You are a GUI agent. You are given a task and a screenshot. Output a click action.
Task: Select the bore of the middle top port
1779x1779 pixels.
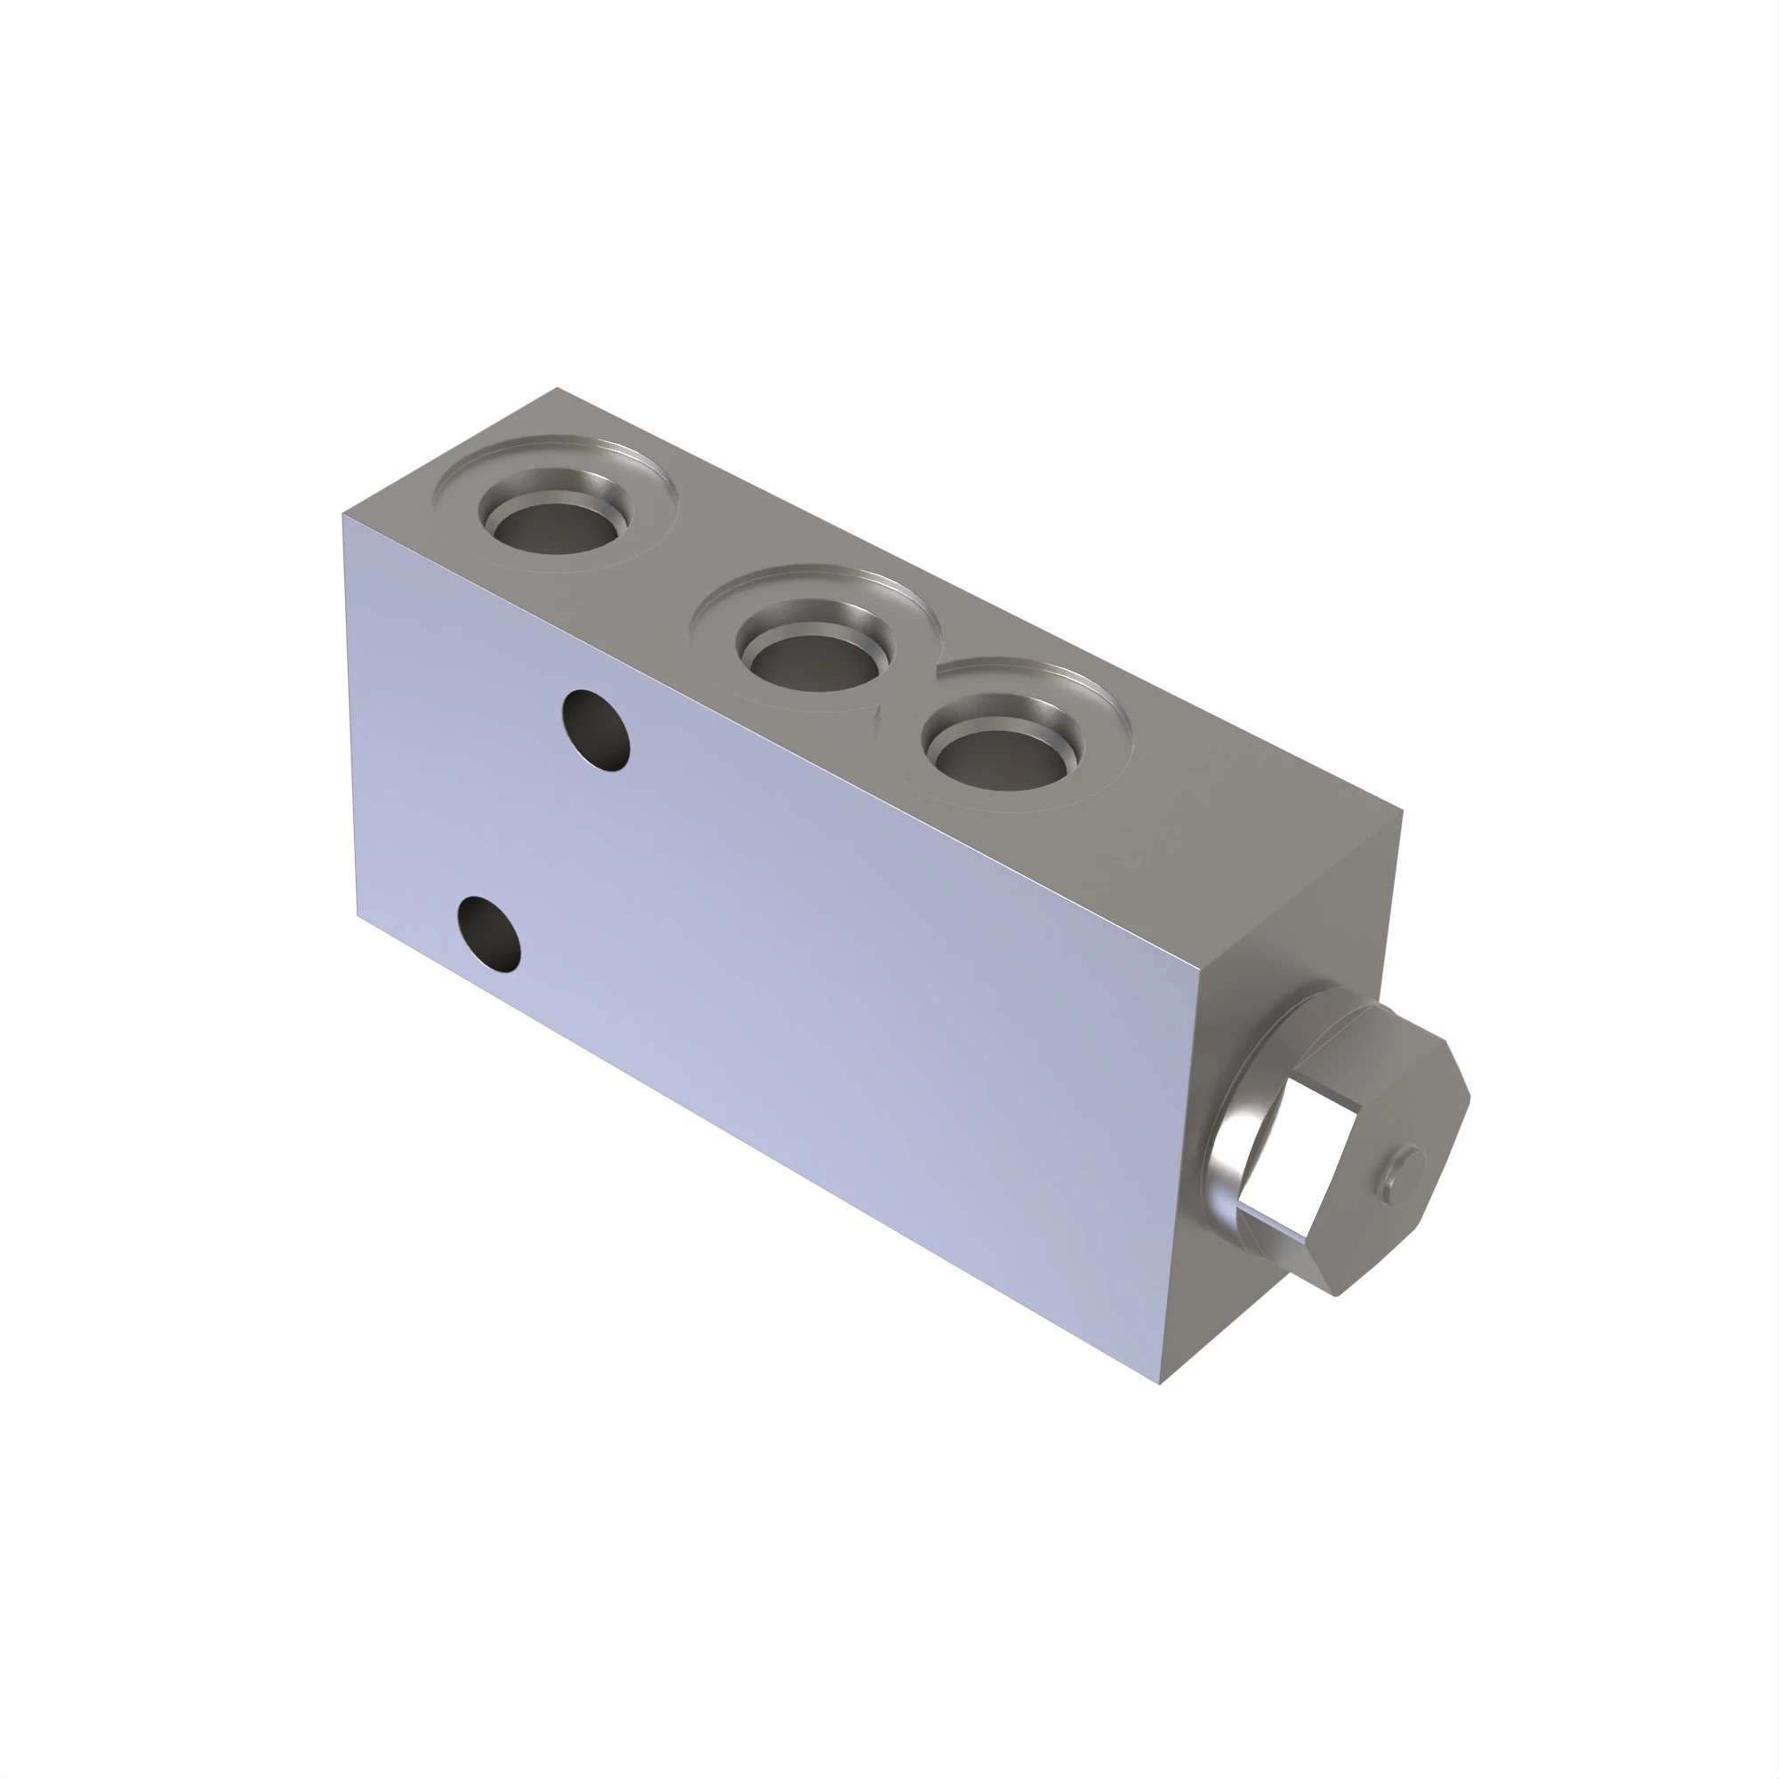(x=814, y=661)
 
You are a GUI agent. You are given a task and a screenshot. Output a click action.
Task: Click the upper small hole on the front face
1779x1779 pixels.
(x=597, y=730)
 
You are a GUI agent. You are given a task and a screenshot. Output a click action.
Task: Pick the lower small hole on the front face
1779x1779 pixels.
(x=490, y=936)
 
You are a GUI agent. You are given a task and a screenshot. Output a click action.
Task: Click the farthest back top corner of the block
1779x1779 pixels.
(x=557, y=389)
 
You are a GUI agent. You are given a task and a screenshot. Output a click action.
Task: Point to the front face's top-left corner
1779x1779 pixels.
(x=342, y=514)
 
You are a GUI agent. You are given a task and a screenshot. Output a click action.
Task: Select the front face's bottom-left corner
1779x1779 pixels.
(x=358, y=915)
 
